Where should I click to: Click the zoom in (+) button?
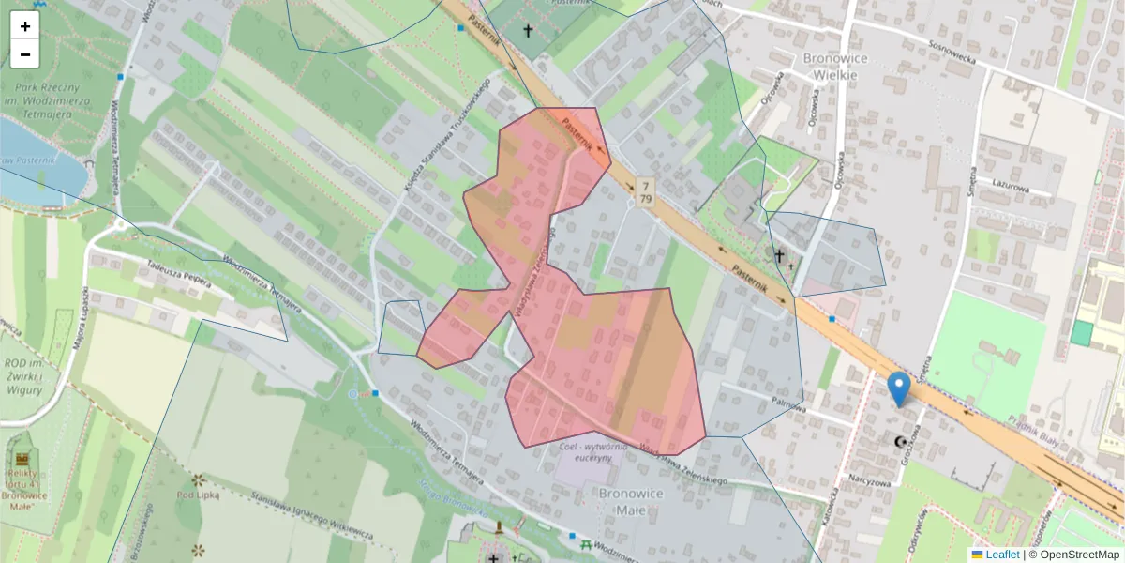coord(25,26)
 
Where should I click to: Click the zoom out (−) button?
coord(25,54)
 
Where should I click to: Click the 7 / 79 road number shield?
coord(645,190)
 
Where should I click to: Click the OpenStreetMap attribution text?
coord(1076,555)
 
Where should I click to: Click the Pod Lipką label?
coord(198,494)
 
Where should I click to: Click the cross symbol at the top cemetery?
coord(528,31)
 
